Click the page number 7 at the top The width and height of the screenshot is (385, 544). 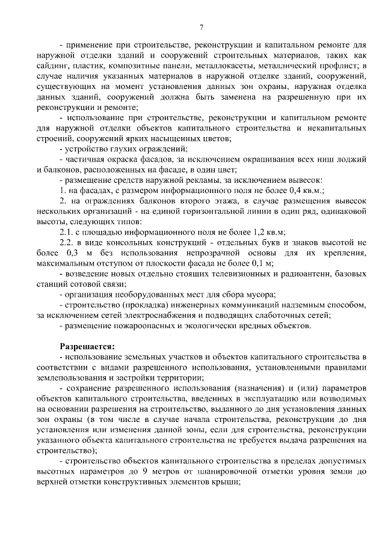pyautogui.click(x=201, y=26)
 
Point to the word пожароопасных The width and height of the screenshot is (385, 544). pyautogui.click(x=135, y=326)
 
